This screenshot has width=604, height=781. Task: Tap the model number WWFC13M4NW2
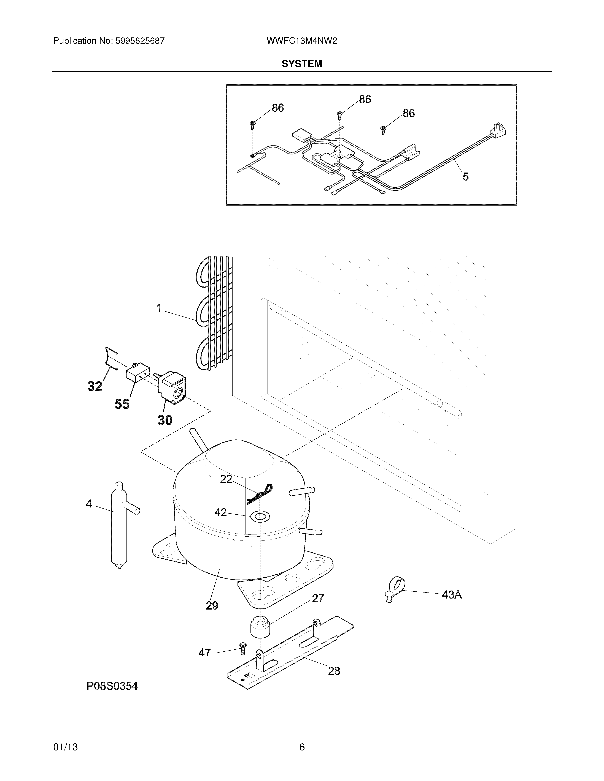point(302,41)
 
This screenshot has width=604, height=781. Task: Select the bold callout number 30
point(165,420)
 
